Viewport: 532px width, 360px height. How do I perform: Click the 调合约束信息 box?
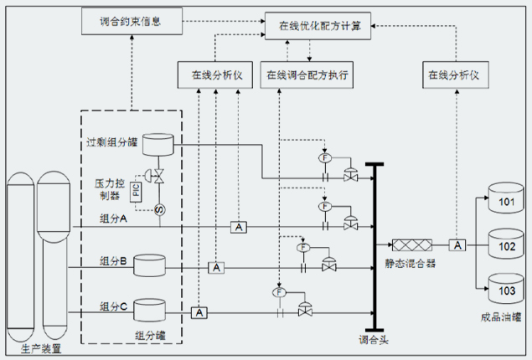click(x=132, y=22)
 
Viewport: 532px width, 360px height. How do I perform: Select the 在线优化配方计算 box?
click(x=318, y=26)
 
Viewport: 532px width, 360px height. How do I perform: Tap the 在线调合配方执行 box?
click(x=307, y=75)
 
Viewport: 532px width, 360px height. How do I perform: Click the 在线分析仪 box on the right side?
click(x=456, y=75)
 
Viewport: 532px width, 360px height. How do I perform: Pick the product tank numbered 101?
click(x=506, y=198)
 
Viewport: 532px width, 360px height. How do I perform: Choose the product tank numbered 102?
click(x=506, y=244)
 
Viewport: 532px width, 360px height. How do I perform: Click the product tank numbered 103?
click(x=506, y=289)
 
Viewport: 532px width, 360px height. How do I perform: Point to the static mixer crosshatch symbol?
click(x=412, y=244)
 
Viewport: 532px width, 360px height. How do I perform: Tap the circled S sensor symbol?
click(x=159, y=210)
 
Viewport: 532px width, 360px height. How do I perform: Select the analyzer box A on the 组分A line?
click(x=239, y=227)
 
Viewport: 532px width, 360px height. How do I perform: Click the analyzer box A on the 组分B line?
click(x=216, y=268)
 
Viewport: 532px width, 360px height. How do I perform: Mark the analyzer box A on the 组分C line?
click(x=199, y=312)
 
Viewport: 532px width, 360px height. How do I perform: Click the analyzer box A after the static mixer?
click(x=457, y=244)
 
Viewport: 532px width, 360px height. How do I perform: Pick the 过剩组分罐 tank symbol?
click(x=158, y=145)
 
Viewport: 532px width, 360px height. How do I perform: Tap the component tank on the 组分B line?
click(x=149, y=265)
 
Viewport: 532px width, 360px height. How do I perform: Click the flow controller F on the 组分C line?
click(x=279, y=292)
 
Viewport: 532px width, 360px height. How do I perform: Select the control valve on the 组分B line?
click(x=328, y=264)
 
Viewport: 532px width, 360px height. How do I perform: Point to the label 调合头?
click(x=374, y=340)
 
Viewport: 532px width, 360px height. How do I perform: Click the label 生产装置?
click(x=41, y=349)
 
